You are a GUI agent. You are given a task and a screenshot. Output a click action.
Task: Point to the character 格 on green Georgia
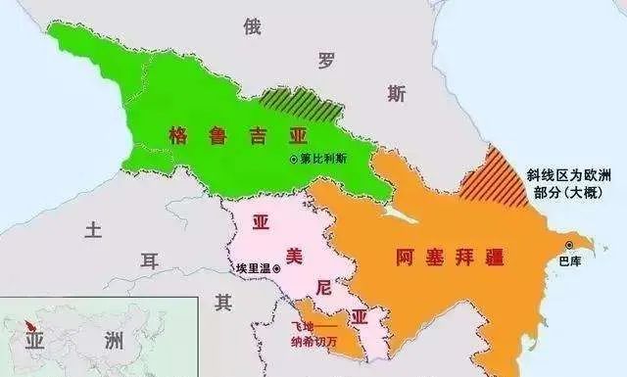(179, 134)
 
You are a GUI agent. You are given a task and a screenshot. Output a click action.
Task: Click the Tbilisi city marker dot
(293, 159)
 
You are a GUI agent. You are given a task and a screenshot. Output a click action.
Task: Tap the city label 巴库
(568, 261)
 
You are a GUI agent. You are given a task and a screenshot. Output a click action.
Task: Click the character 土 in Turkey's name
(93, 230)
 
